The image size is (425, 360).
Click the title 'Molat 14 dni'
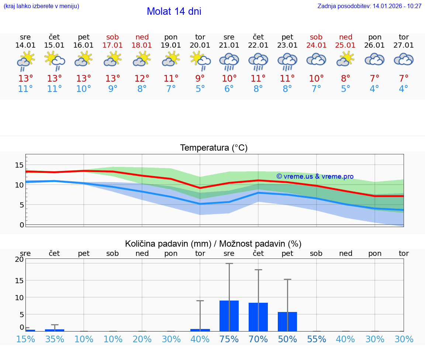(x=174, y=11)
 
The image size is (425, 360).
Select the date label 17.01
(x=113, y=45)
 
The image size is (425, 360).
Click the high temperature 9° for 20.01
(x=200, y=79)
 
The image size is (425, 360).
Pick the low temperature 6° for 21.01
(x=229, y=89)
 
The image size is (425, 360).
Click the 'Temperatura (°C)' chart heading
(x=214, y=148)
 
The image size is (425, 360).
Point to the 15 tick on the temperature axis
(x=19, y=165)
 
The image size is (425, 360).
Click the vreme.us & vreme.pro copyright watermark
(x=315, y=176)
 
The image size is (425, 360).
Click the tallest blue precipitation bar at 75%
(x=229, y=316)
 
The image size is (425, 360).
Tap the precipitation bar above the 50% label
(x=287, y=322)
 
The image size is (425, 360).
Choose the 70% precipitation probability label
(x=258, y=339)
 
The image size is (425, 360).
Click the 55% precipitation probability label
(x=317, y=339)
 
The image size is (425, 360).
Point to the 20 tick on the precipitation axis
(x=19, y=260)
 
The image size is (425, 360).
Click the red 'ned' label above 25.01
(x=346, y=37)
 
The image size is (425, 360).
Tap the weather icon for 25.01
(x=346, y=59)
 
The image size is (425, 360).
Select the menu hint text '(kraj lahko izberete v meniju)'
(x=41, y=6)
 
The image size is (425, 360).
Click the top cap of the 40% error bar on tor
(x=200, y=301)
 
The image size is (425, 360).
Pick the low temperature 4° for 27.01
(x=404, y=89)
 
